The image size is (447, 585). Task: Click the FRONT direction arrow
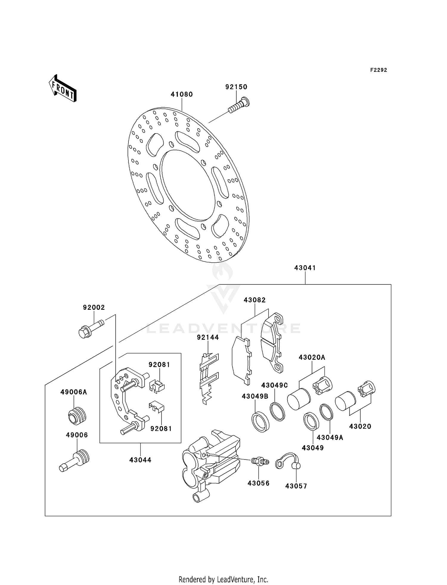click(63, 89)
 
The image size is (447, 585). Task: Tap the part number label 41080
click(182, 94)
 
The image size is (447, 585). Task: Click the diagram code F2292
click(379, 70)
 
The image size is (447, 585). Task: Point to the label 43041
click(305, 268)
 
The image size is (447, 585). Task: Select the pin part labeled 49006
click(74, 461)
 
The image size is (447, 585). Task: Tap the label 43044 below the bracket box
click(140, 460)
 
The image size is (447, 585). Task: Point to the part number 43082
click(255, 300)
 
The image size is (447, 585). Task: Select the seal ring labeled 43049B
click(261, 422)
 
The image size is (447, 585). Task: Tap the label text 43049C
click(274, 385)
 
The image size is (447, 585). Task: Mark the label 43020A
click(312, 357)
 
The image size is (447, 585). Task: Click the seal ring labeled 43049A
click(326, 412)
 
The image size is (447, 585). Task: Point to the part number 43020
click(360, 426)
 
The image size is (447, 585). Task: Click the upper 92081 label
click(159, 365)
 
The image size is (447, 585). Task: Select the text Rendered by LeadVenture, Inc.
click(223, 579)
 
